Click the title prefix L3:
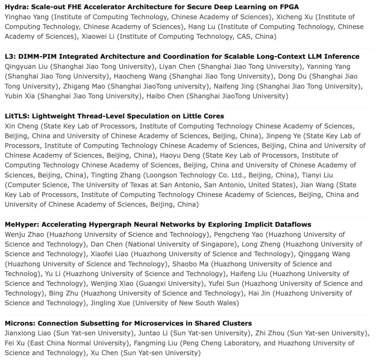pos(9,56)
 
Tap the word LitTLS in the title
pos(16,116)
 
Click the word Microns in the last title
pos(19,323)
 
